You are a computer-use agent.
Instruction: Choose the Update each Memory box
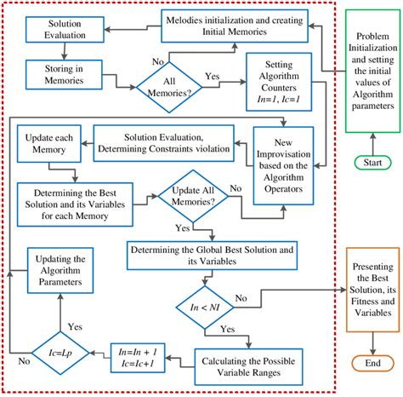[48, 142]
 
